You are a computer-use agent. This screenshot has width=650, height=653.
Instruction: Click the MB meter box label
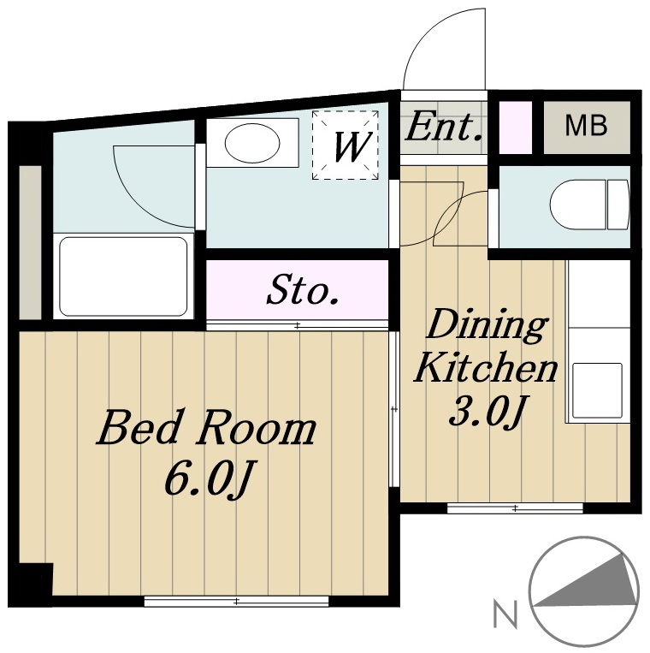586,125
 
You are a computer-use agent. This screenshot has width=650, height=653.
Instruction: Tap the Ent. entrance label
444,127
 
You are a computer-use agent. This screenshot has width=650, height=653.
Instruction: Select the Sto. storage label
303,290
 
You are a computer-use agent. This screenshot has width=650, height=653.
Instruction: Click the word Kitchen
486,367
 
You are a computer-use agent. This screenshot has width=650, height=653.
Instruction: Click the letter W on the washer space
352,146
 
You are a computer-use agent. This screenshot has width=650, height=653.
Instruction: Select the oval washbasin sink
252,143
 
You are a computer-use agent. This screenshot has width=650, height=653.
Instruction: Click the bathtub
123,276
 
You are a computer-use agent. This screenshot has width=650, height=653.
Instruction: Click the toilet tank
618,205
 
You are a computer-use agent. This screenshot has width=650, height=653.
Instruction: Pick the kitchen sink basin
597,390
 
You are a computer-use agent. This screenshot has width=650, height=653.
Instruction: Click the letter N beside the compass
505,613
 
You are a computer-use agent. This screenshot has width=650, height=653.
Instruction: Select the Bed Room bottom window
236,601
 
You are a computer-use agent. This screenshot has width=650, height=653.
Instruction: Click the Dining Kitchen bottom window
515,508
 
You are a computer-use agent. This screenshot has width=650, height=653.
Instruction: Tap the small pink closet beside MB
515,128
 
